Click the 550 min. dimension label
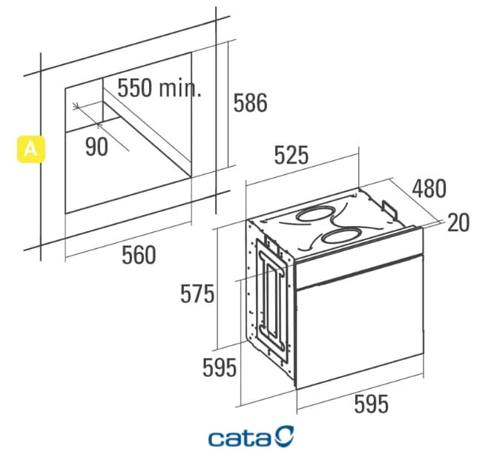point(159,87)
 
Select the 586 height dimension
point(251,102)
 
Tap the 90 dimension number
point(96,147)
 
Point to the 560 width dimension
point(139,255)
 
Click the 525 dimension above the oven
point(291,155)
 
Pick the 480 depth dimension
point(429,188)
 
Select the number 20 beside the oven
point(458,222)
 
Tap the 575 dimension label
point(197,294)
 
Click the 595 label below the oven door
point(371,404)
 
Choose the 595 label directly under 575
point(220,367)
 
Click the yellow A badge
point(30,149)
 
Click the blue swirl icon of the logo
point(284,436)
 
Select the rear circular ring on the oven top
point(315,214)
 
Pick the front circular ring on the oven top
point(341,236)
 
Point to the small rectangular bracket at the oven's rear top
point(389,210)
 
